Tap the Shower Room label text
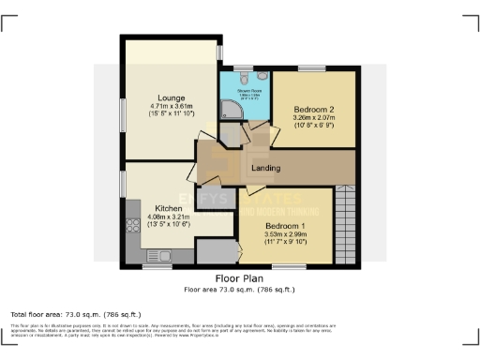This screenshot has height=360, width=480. point(242,92)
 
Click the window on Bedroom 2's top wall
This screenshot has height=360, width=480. point(311,68)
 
